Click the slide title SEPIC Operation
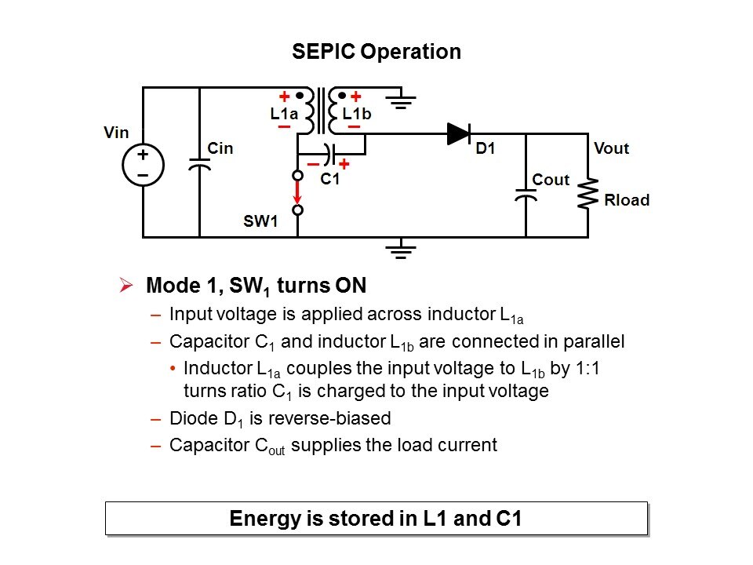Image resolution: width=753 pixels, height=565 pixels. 376,52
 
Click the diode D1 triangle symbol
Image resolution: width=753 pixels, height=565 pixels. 459,133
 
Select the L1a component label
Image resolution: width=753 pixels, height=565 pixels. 283,113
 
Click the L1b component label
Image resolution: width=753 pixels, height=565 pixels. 356,113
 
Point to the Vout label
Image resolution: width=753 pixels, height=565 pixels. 612,148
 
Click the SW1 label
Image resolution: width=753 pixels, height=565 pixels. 260,221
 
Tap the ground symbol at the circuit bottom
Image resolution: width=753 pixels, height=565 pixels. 401,250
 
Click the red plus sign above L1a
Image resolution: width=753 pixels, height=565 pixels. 284,97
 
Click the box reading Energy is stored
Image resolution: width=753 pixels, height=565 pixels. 376,519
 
